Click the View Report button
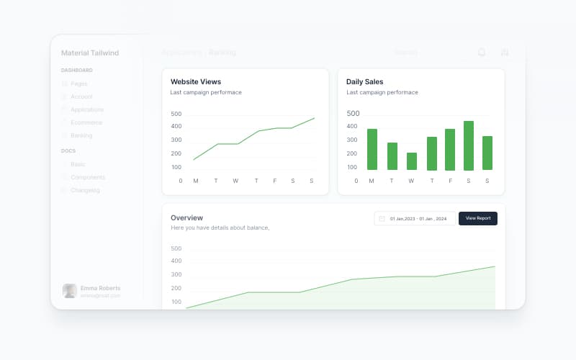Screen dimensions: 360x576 pyautogui.click(x=477, y=218)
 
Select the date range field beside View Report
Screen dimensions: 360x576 pyautogui.click(x=415, y=218)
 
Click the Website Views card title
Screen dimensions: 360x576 pyautogui.click(x=196, y=81)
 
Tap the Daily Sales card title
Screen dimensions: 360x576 pyautogui.click(x=364, y=81)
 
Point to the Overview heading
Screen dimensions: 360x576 pyautogui.click(x=186, y=217)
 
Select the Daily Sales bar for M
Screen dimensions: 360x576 pyautogui.click(x=372, y=149)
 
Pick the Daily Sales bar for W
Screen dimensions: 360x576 pyautogui.click(x=412, y=161)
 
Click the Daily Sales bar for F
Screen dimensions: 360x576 pyautogui.click(x=450, y=149)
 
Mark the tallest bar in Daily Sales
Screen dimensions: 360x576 pyautogui.click(x=469, y=145)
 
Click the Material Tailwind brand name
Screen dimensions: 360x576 pyautogui.click(x=89, y=53)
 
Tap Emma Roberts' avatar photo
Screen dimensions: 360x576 pyautogui.click(x=70, y=291)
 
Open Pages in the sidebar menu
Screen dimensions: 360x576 pyautogui.click(x=79, y=84)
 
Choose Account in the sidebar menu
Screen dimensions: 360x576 pyautogui.click(x=81, y=96)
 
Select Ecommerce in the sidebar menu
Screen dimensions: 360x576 pyautogui.click(x=86, y=122)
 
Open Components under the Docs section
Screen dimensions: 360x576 pyautogui.click(x=88, y=177)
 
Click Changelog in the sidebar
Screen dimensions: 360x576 pyautogui.click(x=85, y=190)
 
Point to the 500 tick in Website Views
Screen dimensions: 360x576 pyautogui.click(x=176, y=114)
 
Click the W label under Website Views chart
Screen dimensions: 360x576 pyautogui.click(x=235, y=181)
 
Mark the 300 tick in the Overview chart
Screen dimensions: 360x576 pyautogui.click(x=176, y=274)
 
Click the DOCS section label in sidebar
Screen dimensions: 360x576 pyautogui.click(x=68, y=150)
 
